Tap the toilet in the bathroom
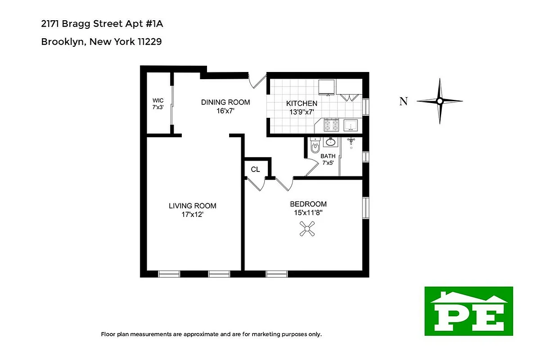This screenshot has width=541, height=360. pyautogui.click(x=315, y=146)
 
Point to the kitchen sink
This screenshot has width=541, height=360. pyautogui.click(x=351, y=125)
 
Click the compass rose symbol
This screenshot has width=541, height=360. pyautogui.click(x=439, y=101)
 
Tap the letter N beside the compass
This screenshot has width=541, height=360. pyautogui.click(x=404, y=101)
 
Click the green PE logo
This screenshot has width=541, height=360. pyautogui.click(x=469, y=311)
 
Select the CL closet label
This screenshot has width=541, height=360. pyautogui.click(x=255, y=170)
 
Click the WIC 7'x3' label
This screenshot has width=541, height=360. pyautogui.click(x=158, y=104)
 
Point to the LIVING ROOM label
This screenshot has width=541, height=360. pyautogui.click(x=192, y=206)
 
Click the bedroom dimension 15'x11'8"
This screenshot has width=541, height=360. pyautogui.click(x=308, y=213)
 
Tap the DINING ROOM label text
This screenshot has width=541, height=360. pyautogui.click(x=225, y=102)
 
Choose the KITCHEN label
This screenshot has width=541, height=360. pyautogui.click(x=302, y=103)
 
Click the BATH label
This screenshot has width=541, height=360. pyautogui.click(x=328, y=156)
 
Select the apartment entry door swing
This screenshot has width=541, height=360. pyautogui.click(x=257, y=81)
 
